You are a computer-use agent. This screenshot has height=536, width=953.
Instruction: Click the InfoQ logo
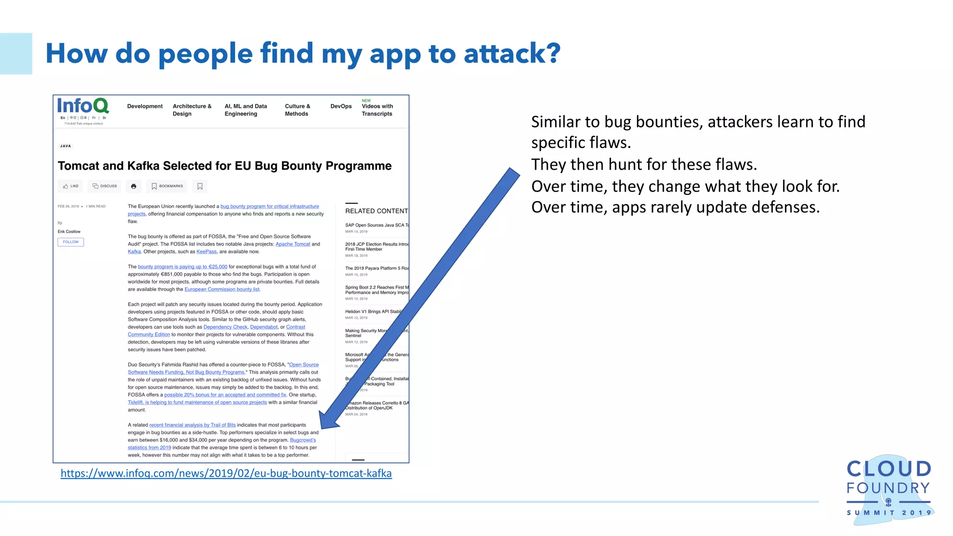pyautogui.click(x=83, y=106)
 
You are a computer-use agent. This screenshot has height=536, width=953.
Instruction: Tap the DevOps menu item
pyautogui.click(x=341, y=107)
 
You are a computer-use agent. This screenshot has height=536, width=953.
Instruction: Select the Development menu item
pyautogui.click(x=145, y=107)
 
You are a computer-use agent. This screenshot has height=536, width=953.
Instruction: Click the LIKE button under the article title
pyautogui.click(x=71, y=186)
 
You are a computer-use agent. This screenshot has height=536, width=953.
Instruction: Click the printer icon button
pyautogui.click(x=134, y=186)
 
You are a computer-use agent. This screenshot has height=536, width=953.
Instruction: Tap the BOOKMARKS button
pyautogui.click(x=167, y=186)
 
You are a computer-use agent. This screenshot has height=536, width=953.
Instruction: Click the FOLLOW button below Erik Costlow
pyautogui.click(x=71, y=242)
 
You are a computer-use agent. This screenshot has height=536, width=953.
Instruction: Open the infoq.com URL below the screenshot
pyautogui.click(x=226, y=473)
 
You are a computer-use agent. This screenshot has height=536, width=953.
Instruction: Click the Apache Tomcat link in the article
pyautogui.click(x=293, y=244)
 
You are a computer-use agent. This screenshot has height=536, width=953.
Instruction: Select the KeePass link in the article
pyautogui.click(x=206, y=252)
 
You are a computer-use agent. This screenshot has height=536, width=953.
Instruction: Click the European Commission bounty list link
pyautogui.click(x=222, y=289)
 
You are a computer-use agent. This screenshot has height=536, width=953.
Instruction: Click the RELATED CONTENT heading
pyautogui.click(x=376, y=211)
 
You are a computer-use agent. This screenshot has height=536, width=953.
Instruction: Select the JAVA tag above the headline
pyautogui.click(x=66, y=146)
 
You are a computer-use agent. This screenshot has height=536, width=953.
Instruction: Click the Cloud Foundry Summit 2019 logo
pyautogui.click(x=888, y=489)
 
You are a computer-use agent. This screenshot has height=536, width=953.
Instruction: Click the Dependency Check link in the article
pyautogui.click(x=225, y=327)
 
